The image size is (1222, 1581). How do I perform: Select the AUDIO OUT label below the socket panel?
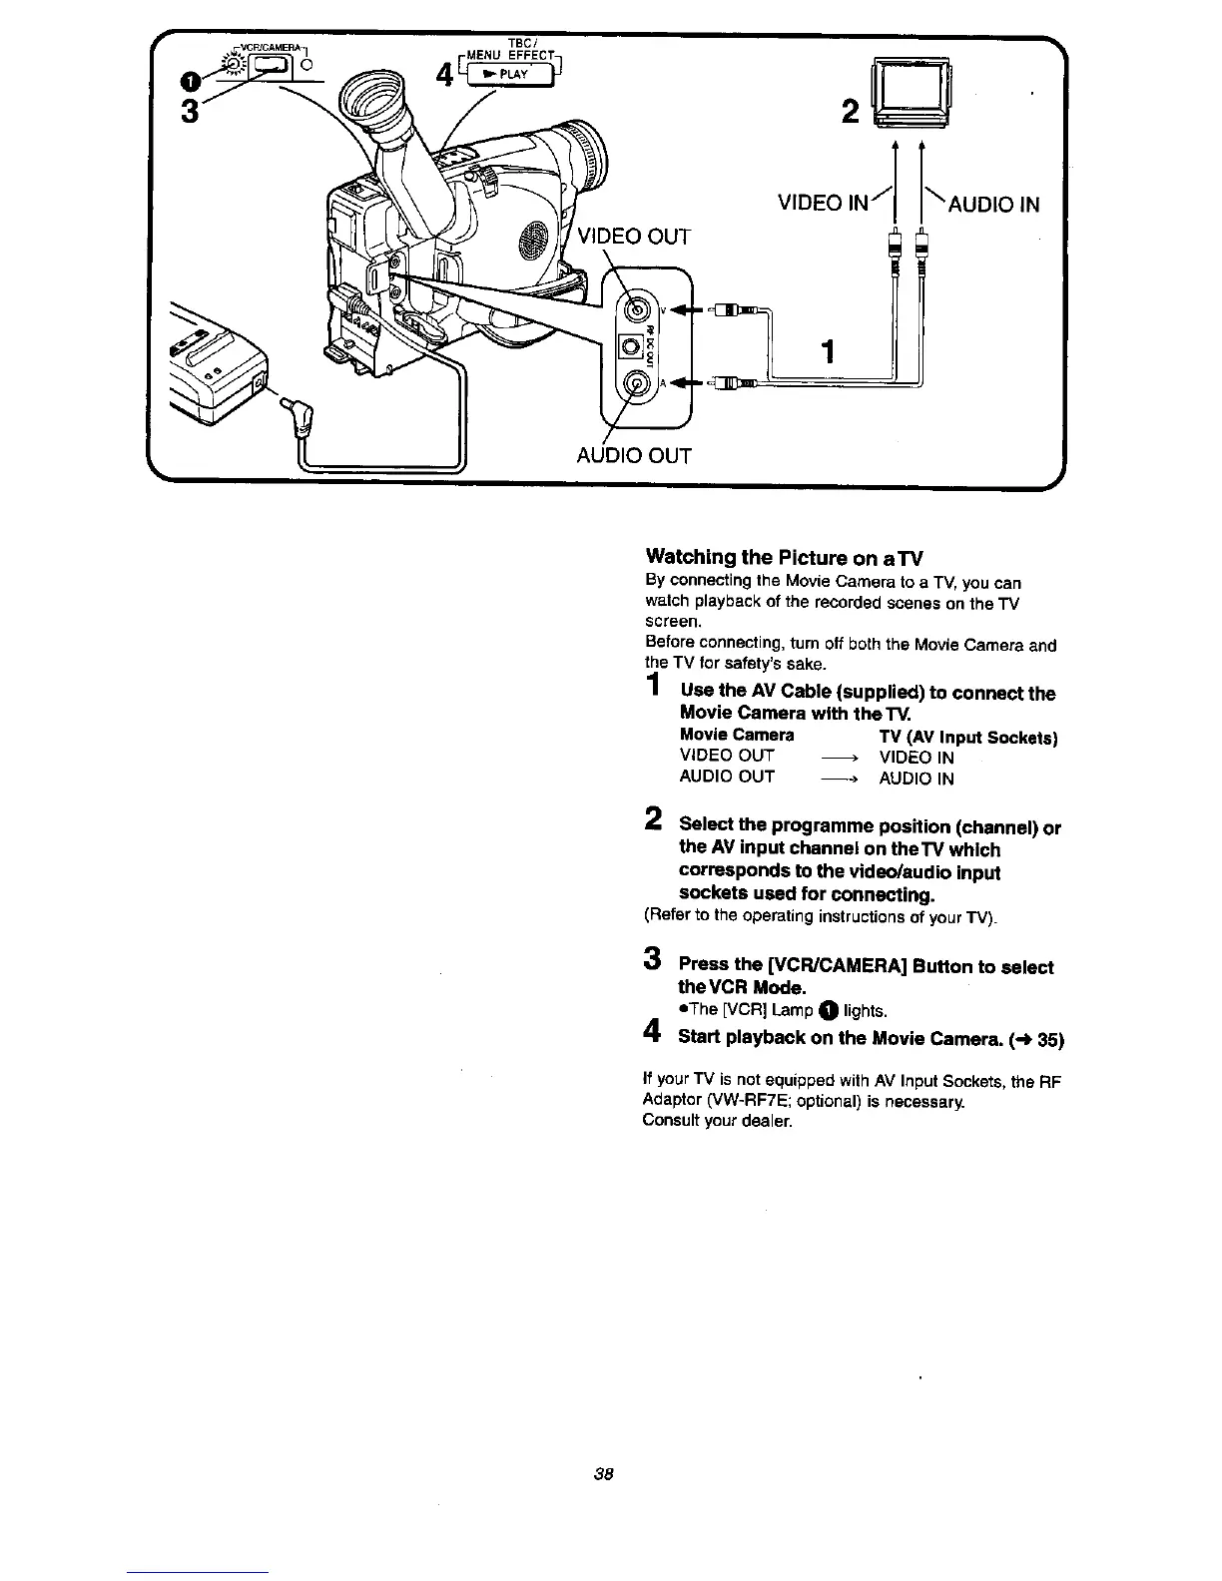click(x=634, y=456)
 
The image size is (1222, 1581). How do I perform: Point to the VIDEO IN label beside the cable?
click(x=825, y=204)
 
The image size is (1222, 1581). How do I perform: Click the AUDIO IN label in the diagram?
click(x=992, y=205)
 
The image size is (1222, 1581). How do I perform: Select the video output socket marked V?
click(x=635, y=305)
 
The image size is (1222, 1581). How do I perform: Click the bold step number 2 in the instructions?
click(x=653, y=821)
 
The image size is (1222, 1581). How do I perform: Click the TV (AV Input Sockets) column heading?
click(x=967, y=737)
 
